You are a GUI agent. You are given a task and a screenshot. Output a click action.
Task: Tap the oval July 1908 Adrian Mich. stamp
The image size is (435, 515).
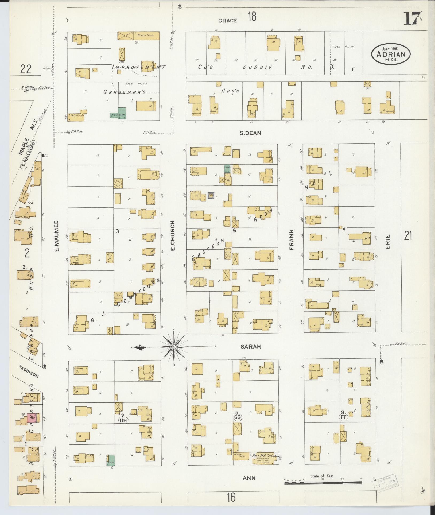(x=391, y=54)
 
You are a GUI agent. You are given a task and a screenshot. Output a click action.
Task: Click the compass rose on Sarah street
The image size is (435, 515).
(x=174, y=347)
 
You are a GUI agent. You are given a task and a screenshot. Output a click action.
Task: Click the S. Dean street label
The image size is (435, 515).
(x=250, y=133)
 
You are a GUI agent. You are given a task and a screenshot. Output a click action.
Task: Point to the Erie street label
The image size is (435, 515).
(x=388, y=242)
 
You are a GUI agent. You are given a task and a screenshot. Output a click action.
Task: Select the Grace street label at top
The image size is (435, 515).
(x=228, y=21)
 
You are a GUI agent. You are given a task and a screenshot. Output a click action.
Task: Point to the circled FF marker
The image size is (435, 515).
(x=343, y=417)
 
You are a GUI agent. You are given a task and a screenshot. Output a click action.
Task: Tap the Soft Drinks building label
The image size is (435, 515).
(x=76, y=115)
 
